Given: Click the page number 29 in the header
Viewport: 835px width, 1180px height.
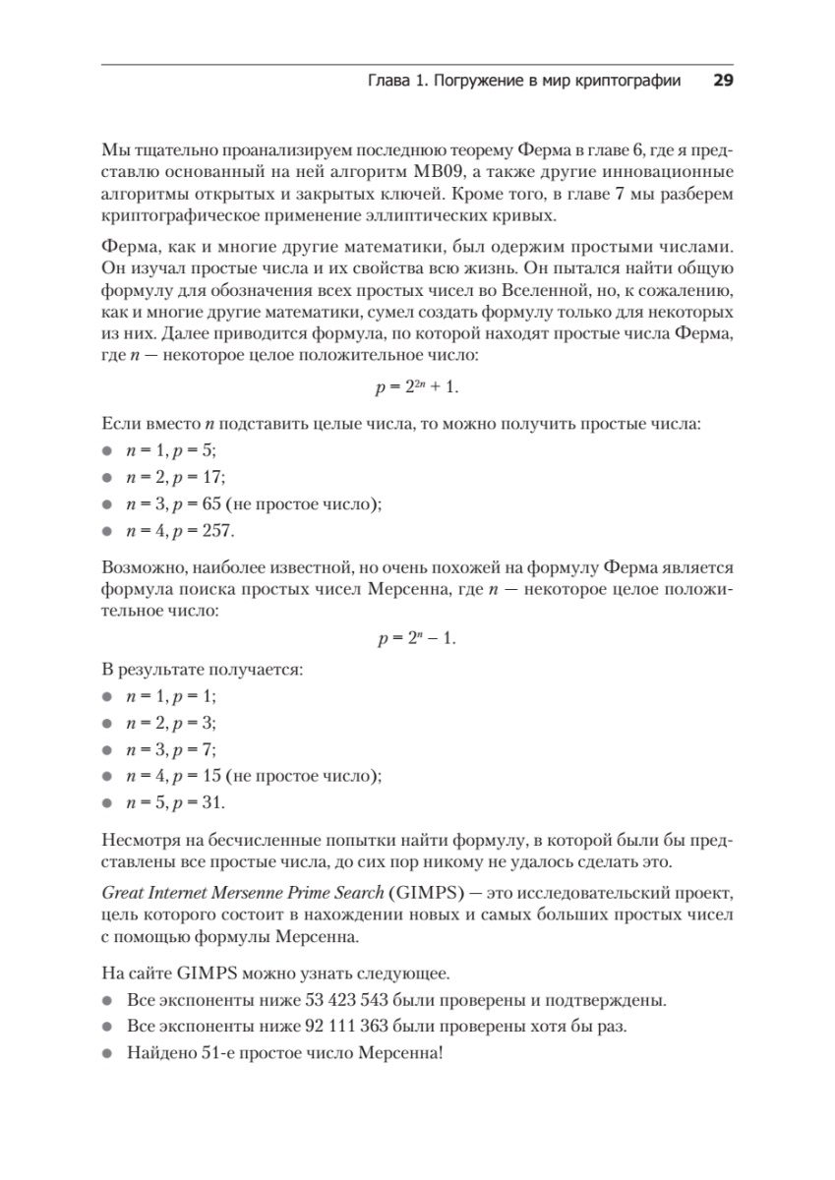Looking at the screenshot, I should [723, 82].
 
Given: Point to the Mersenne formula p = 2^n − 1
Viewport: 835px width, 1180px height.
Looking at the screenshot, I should [417, 638].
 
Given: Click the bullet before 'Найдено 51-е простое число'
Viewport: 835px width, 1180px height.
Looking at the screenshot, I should [107, 1053].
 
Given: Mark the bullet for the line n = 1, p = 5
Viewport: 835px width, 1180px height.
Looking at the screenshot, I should [107, 451].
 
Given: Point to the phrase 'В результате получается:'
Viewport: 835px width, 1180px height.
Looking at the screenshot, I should [203, 670].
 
